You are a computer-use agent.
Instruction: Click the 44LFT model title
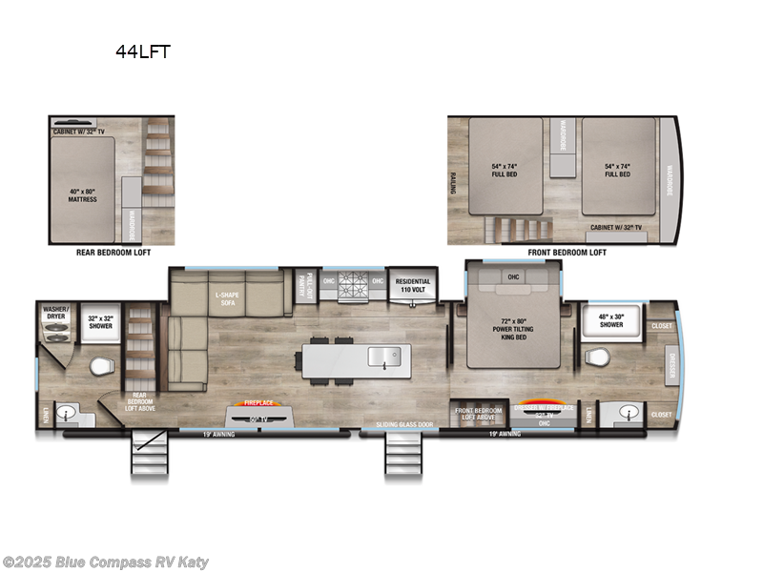point(142,52)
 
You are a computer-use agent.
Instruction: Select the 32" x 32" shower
point(99,320)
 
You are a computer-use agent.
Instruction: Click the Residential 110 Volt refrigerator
point(412,286)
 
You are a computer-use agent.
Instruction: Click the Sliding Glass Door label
point(404,422)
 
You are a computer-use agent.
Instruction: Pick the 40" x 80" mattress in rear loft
point(81,194)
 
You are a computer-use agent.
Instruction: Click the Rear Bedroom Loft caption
point(112,254)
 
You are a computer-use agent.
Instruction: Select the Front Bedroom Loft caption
point(567,254)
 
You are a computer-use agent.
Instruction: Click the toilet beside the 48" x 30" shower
point(596,357)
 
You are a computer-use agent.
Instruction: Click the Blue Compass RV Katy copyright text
point(106,562)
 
